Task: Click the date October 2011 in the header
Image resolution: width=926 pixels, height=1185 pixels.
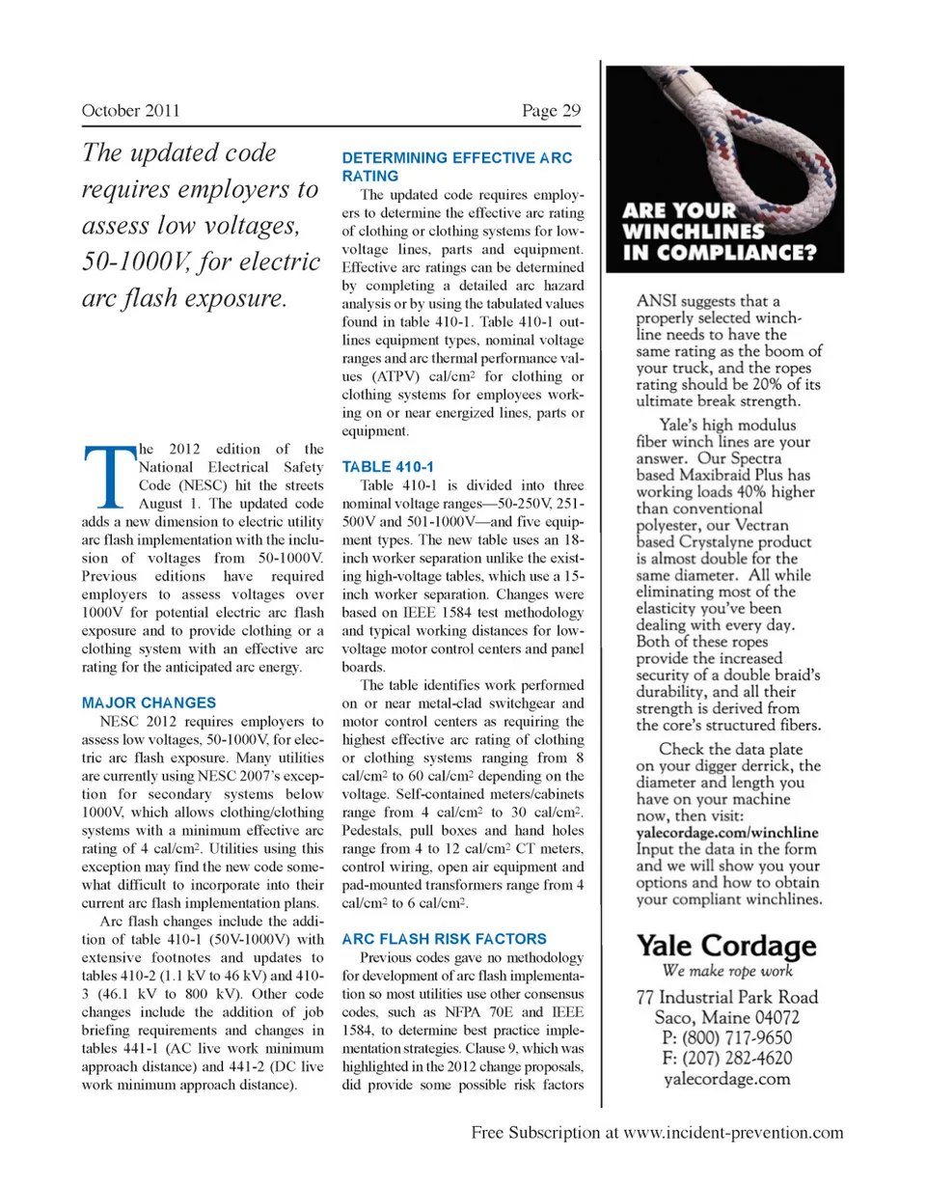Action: point(131,110)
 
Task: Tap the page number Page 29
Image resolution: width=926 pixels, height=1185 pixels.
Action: point(551,110)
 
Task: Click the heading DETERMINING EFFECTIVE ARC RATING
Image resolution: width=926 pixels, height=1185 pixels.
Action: point(457,166)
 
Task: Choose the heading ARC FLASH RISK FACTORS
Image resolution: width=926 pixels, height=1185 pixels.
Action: point(445,938)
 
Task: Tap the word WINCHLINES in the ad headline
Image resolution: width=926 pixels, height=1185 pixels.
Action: point(694,232)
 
